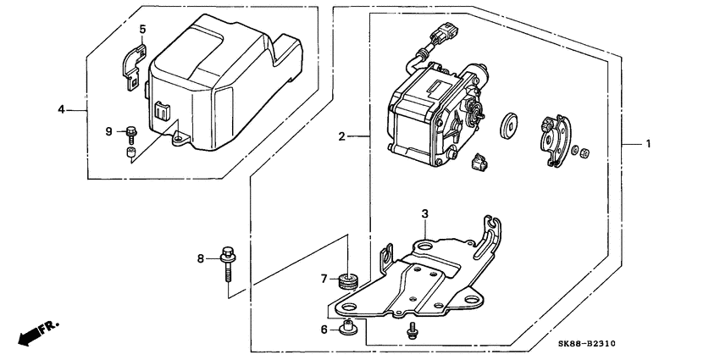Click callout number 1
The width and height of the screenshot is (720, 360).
coord(648,144)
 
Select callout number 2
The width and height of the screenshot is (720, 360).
coord(341,136)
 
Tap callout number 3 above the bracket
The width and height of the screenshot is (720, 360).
coord(424,213)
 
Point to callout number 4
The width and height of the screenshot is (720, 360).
coord(61,110)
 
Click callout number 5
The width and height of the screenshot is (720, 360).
coord(142,29)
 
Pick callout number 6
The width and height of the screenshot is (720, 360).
coord(324,330)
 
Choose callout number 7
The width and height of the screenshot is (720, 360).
coord(324,279)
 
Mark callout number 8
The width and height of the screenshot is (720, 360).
coord(200,259)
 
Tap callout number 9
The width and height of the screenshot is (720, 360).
coord(108,132)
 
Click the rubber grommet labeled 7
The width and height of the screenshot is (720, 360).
coord(348,281)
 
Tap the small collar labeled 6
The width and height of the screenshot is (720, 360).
coord(348,327)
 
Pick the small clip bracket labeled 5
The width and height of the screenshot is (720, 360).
coord(134,65)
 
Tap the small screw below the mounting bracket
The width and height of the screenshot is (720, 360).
coord(412,330)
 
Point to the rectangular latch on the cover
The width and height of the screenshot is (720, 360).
coord(163,110)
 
